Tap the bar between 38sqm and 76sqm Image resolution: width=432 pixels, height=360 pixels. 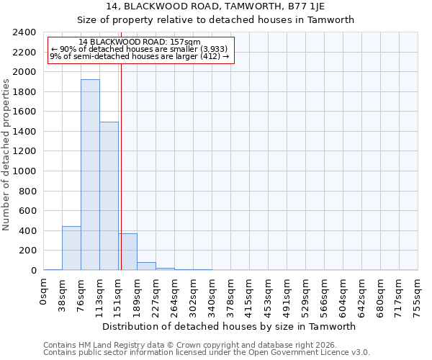click(x=71, y=248)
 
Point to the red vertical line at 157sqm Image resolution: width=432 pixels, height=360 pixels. click(x=121, y=166)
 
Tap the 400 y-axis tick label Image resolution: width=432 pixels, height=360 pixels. click(x=27, y=231)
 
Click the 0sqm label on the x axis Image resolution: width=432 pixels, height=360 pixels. click(x=44, y=292)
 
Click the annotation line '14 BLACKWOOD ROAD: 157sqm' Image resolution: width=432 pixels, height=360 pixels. click(x=140, y=42)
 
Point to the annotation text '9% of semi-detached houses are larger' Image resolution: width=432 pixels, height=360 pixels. click(x=140, y=56)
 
